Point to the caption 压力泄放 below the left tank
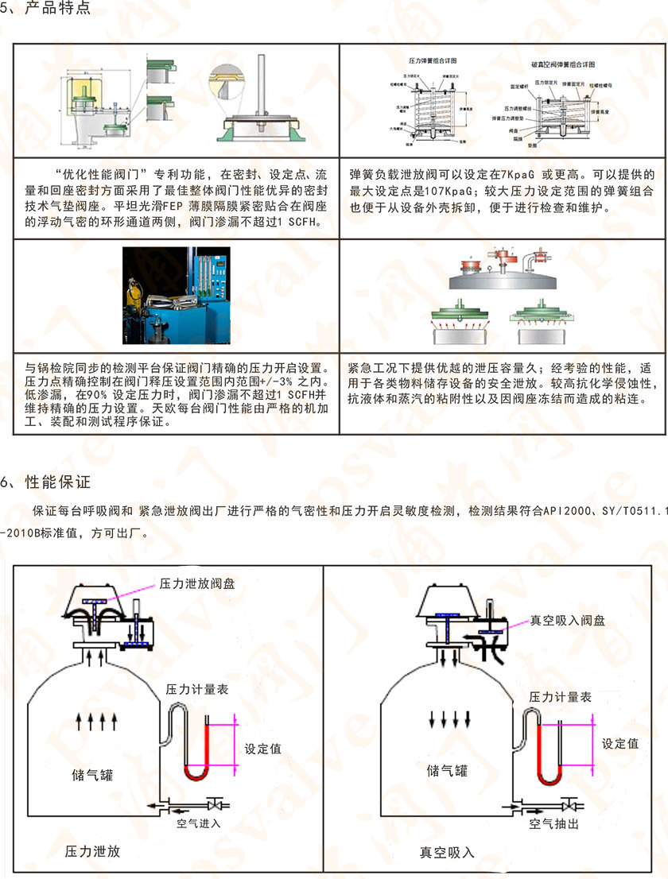(92, 851)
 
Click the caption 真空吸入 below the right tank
(447, 852)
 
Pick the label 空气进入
(198, 823)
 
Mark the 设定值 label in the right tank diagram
(620, 744)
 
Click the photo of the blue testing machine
(176, 295)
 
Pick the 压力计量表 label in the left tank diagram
(196, 689)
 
